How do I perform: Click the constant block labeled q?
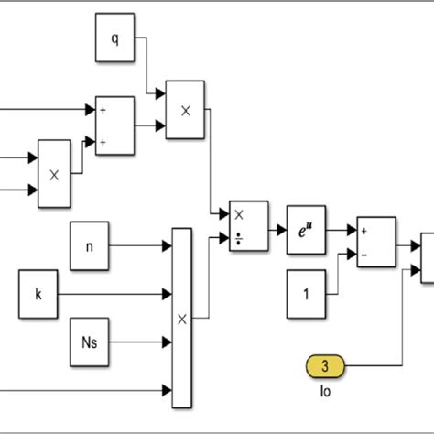[x=114, y=39]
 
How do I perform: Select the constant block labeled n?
[x=90, y=245]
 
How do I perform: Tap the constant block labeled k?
[x=38, y=295]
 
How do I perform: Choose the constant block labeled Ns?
[x=90, y=344]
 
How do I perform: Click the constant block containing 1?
[x=306, y=294]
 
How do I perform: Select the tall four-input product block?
[x=182, y=318]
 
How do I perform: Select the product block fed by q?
[x=185, y=110]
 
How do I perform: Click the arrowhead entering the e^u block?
[x=282, y=222]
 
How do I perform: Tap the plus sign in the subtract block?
[x=365, y=233]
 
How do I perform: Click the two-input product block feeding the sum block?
[x=54, y=170]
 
